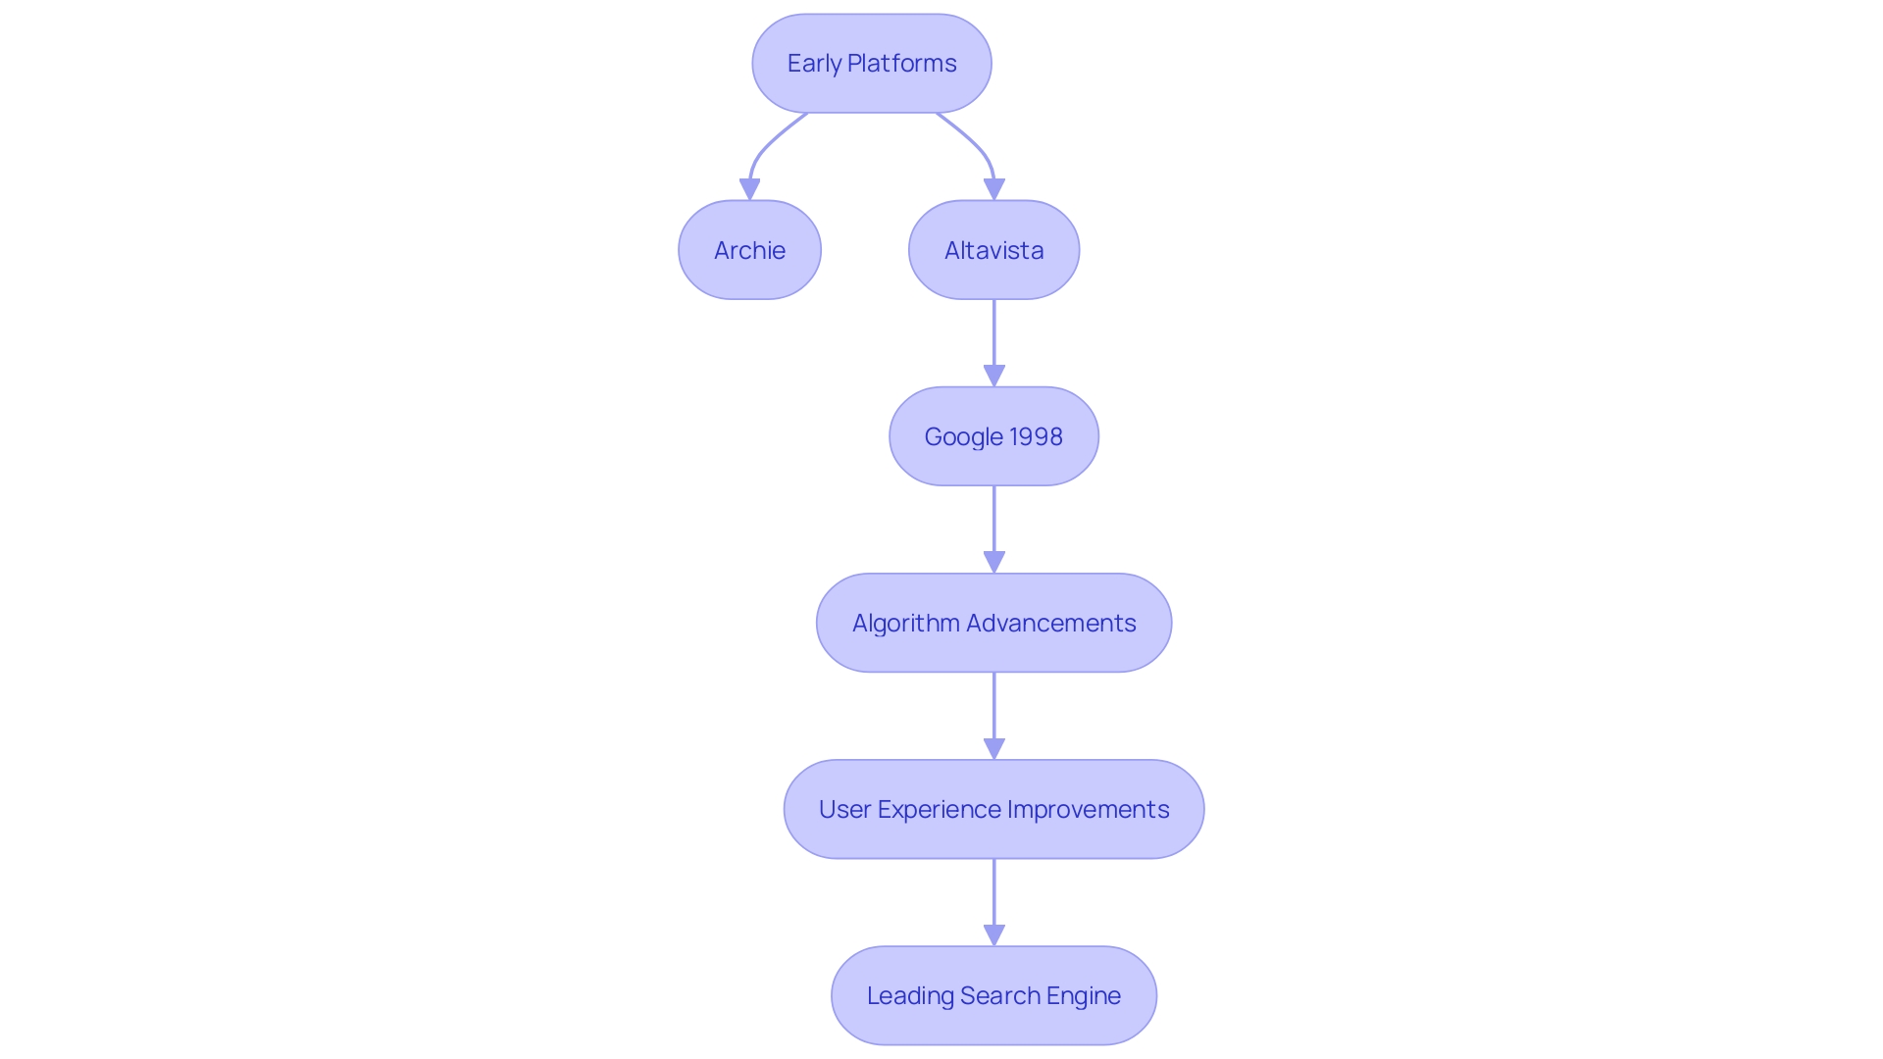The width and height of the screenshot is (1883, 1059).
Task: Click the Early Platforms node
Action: pos(871,64)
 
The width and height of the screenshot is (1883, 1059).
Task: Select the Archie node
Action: pos(749,250)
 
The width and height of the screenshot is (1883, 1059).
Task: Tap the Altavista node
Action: pos(993,250)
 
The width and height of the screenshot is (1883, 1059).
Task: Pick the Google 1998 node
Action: pos(993,436)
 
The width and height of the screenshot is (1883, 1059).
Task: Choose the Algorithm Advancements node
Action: pos(993,623)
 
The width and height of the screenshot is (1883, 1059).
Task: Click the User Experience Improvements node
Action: pos(993,809)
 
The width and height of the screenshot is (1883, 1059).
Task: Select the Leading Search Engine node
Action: pos(993,995)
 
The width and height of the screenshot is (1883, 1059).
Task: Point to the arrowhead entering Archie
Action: pos(749,189)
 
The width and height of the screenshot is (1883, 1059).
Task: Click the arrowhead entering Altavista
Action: pos(993,189)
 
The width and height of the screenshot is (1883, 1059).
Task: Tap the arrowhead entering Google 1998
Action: pos(993,376)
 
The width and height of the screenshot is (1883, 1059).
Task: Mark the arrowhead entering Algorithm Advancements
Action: pos(993,562)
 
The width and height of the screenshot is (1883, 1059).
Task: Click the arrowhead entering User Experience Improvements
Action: pos(993,748)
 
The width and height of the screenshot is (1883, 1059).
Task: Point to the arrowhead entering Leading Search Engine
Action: pos(993,934)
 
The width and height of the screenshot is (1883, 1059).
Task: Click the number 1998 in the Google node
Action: pos(1036,436)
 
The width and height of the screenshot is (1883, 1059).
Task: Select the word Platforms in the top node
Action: pos(901,64)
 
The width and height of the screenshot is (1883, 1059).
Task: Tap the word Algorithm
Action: pos(905,623)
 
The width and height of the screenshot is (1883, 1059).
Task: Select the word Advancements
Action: pos(1050,623)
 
